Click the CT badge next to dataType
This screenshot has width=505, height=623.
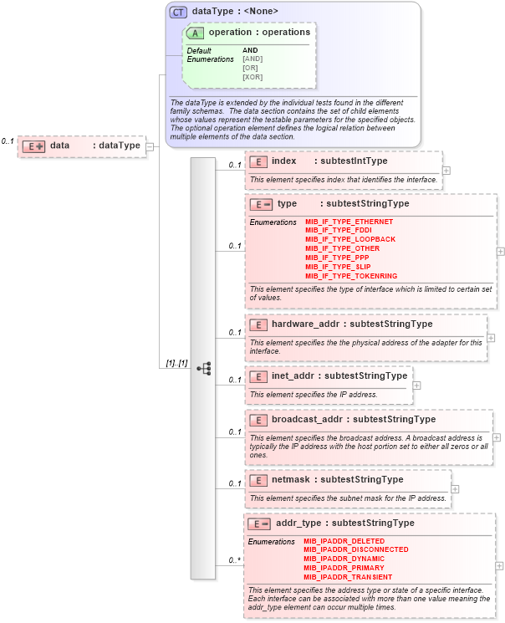click(178, 12)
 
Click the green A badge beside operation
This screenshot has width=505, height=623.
click(196, 33)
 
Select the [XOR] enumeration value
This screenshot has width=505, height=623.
click(252, 77)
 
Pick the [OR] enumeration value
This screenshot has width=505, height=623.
click(250, 68)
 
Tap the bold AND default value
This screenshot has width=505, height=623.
click(250, 50)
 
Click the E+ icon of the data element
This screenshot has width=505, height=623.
click(33, 146)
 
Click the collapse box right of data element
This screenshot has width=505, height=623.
click(150, 146)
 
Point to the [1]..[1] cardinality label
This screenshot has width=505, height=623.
click(176, 363)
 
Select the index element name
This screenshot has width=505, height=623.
click(283, 161)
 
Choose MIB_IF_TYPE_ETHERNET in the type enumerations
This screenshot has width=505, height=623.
click(349, 222)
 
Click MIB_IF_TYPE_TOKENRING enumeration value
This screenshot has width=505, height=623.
click(351, 276)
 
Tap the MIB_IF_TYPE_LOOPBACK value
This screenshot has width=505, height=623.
click(350, 239)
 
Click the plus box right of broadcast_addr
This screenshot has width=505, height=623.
click(497, 437)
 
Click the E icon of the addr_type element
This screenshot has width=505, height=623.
click(259, 523)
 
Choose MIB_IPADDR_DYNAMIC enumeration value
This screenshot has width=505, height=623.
click(344, 559)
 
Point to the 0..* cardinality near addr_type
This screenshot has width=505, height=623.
click(235, 560)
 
